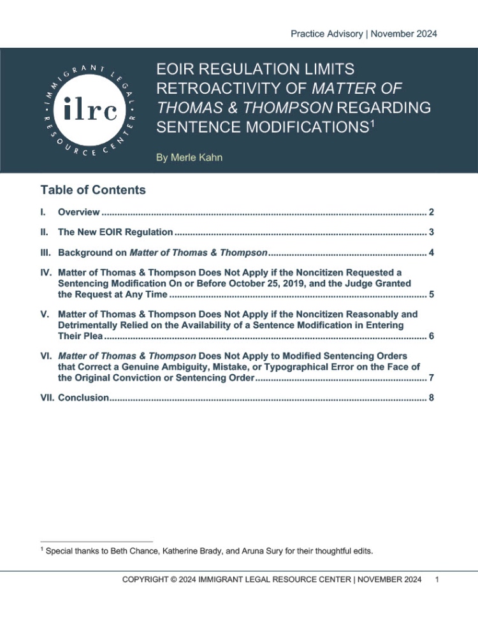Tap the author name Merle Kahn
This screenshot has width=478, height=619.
[x=190, y=157]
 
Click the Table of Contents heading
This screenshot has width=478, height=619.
[x=93, y=190]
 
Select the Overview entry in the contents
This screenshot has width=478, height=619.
[x=78, y=212]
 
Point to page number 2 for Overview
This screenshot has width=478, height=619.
[x=431, y=212]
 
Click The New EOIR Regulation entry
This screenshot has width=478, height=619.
[x=115, y=232]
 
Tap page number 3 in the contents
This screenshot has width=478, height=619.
[x=431, y=232]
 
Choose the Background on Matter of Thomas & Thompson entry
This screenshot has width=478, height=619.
[x=162, y=252]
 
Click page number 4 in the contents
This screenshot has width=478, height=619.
[x=431, y=252]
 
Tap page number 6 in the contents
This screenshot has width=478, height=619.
[x=431, y=335]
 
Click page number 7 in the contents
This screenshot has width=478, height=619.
[x=431, y=377]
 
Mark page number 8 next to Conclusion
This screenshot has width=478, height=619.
[x=431, y=398]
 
